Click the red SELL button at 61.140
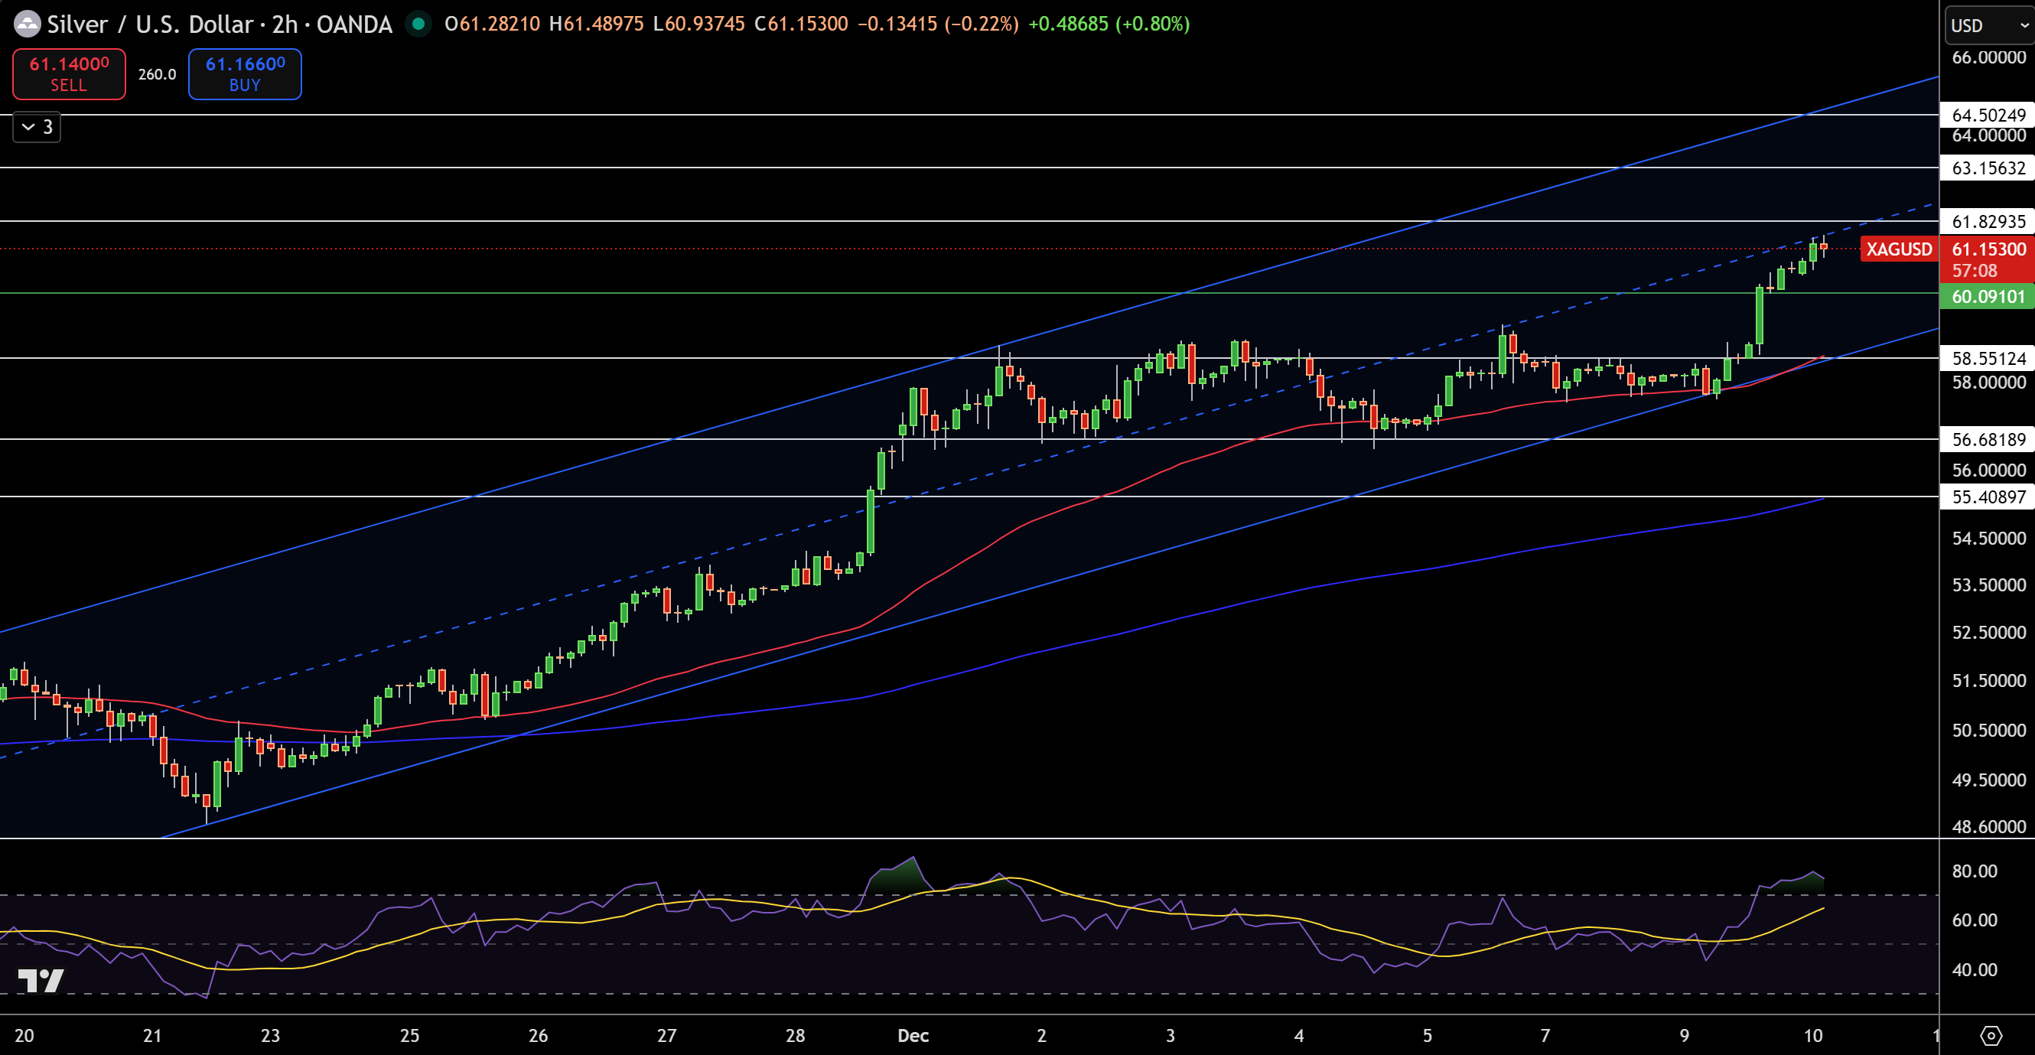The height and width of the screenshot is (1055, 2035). pos(69,74)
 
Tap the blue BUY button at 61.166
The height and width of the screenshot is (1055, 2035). pos(245,74)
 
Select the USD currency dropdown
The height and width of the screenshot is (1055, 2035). pos(1988,25)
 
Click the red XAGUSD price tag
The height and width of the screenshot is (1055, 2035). pos(1898,249)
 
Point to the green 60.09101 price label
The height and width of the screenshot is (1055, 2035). pos(1988,296)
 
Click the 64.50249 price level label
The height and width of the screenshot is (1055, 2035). pos(1988,116)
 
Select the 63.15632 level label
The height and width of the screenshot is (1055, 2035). pos(1988,168)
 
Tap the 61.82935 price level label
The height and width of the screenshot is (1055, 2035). pos(1988,221)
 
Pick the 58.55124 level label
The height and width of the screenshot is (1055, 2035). pos(1988,358)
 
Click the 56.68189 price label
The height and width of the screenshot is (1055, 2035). pos(1988,439)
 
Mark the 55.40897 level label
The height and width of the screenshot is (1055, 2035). pos(1988,497)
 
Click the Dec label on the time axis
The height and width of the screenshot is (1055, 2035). pos(913,1035)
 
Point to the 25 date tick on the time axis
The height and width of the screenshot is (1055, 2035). pos(409,1035)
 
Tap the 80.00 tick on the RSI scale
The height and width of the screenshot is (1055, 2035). pos(1974,871)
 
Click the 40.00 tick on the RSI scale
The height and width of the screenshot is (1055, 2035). pos(1974,969)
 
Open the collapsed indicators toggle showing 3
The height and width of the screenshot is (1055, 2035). pos(37,127)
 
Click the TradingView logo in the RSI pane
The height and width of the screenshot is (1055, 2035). pos(41,981)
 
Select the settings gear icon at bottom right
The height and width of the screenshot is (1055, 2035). pos(1991,1035)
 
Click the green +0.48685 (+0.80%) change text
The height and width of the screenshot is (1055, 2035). pos(1109,24)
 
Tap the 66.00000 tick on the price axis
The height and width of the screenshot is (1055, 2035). pos(1988,57)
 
